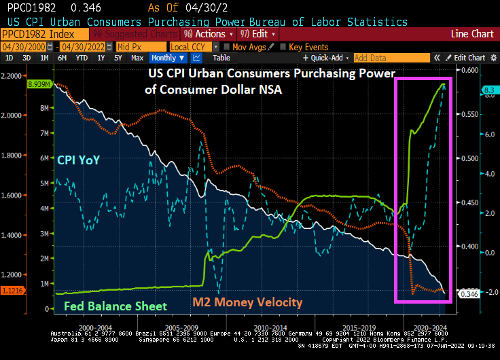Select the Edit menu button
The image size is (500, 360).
click(x=258, y=34)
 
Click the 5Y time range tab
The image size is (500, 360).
click(x=118, y=58)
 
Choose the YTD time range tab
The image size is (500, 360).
click(x=81, y=58)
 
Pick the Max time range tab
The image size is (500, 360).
click(x=137, y=58)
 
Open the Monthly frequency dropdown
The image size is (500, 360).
click(x=168, y=58)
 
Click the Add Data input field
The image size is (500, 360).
click(x=391, y=58)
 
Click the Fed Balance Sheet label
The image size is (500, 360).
click(x=115, y=306)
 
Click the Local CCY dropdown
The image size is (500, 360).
click(x=192, y=47)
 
